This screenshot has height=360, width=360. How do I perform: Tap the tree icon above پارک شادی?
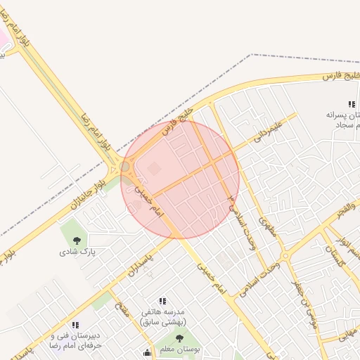(77, 241)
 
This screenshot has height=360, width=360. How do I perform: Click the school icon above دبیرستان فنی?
(75, 325)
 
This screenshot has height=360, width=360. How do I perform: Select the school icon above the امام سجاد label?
(352, 105)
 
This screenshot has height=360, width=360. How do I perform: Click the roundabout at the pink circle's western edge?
(125, 167)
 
